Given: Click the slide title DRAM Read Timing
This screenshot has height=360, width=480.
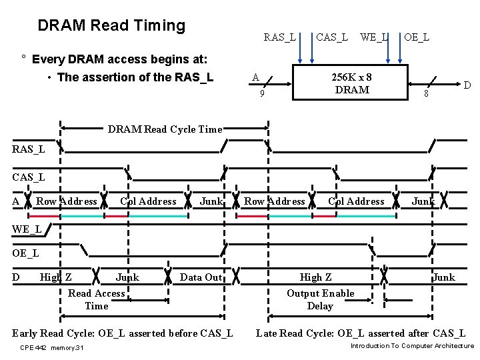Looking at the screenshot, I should point(111,25).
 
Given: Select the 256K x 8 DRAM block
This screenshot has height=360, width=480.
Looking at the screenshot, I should point(351,83).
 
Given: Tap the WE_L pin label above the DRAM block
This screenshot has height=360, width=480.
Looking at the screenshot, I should point(374,37).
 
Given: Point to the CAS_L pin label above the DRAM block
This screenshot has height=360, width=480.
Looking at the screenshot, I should point(331,37).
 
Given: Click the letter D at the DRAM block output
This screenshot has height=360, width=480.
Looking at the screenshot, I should point(467,85).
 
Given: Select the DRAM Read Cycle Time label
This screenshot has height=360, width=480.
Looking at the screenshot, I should point(165,129).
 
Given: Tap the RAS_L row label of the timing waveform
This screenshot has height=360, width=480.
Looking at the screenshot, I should point(28,149).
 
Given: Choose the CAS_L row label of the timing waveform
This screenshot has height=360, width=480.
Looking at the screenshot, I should point(28,177).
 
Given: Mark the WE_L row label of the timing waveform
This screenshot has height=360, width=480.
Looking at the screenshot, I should point(27,229).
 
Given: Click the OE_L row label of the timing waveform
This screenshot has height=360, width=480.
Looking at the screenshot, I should point(25,253).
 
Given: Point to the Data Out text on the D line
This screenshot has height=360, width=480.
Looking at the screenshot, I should point(201,277).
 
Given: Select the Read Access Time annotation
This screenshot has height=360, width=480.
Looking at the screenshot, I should point(96,299).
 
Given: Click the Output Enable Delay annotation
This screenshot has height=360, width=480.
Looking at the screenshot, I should point(320,299).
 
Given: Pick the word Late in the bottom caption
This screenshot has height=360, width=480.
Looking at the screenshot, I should point(267,333).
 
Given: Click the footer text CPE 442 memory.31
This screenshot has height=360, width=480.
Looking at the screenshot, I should point(52,348).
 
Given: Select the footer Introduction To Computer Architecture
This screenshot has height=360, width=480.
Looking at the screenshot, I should point(411,346).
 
